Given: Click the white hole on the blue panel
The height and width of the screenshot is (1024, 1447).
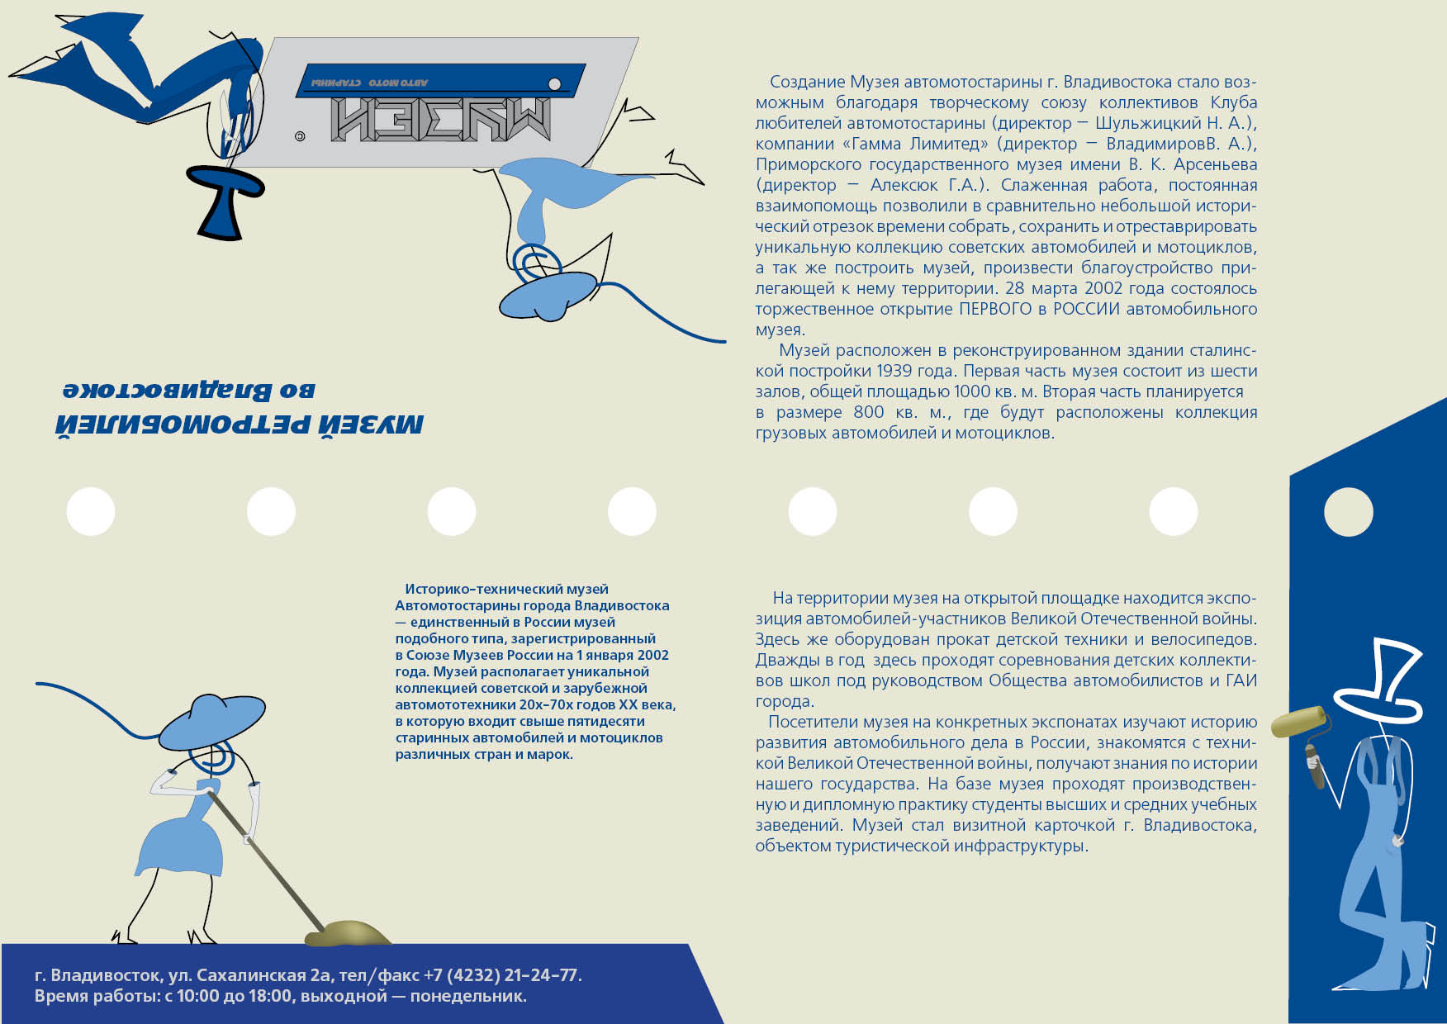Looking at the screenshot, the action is point(1348,512).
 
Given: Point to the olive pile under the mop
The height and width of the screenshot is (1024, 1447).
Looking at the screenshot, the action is point(348,933).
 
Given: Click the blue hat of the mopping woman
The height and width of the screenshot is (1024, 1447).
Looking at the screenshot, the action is point(211,720).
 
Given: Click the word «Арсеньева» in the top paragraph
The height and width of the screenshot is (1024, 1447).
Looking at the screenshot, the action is point(1216,164).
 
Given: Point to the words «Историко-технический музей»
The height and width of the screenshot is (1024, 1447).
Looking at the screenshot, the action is point(506,589).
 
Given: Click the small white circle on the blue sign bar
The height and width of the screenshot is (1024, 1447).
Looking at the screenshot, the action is point(555,84).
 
